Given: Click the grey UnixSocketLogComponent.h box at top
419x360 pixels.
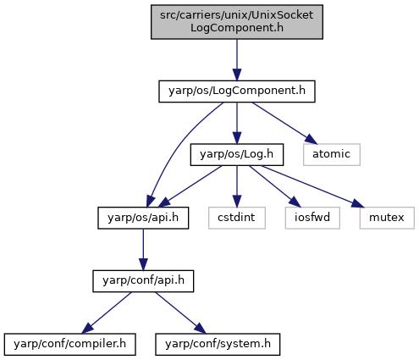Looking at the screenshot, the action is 237,22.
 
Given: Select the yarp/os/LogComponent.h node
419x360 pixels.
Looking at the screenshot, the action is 237,91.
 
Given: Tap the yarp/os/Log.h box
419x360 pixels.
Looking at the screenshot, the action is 237,154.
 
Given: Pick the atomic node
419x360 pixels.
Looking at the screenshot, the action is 332,154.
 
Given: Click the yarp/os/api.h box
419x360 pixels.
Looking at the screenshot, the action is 143,218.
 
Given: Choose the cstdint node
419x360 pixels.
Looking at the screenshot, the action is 237,218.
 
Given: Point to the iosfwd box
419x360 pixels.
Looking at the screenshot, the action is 312,218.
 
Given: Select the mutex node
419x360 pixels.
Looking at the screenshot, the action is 387,218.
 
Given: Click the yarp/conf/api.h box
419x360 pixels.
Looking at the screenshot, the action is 143,281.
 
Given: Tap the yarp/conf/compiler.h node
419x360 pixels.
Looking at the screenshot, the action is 69,344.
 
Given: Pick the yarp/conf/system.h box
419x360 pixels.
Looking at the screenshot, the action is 218,344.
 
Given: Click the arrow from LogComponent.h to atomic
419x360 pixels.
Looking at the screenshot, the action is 284,123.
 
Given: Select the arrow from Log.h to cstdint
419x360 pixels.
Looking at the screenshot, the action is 237,186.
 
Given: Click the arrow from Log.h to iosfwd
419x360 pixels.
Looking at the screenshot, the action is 275,186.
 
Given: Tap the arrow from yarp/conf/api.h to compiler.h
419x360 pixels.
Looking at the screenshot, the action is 107,313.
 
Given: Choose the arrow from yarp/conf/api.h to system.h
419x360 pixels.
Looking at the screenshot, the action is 180,313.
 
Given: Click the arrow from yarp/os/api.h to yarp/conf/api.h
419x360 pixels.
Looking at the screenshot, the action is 143,250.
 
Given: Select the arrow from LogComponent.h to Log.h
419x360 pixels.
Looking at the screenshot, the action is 237,123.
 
